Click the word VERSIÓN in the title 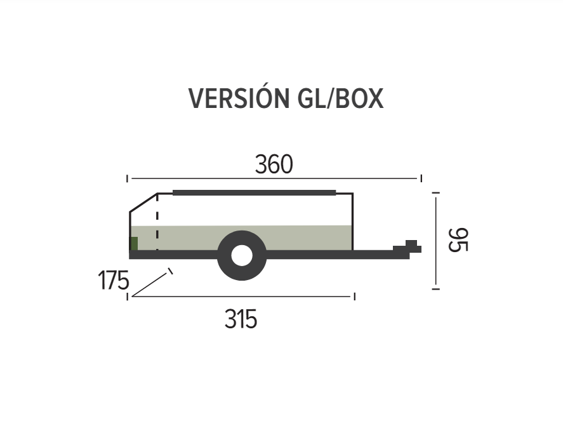click(239, 97)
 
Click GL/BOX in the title click(341, 98)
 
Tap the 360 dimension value click(274, 164)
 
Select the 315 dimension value click(241, 319)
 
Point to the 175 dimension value click(113, 280)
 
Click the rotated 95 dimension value click(458, 239)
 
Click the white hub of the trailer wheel click(242, 255)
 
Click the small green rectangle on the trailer click(134, 244)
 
